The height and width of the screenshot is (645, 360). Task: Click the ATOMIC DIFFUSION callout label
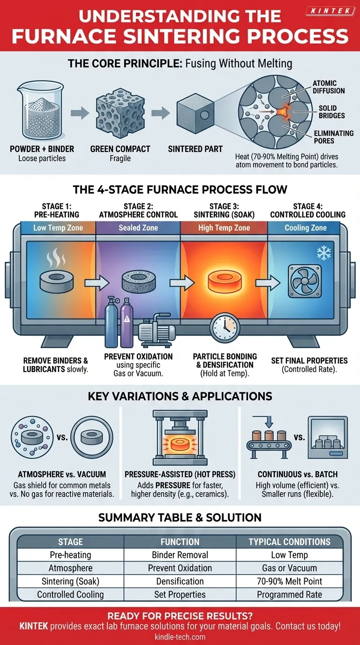(328, 87)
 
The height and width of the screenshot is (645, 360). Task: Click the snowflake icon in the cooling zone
(324, 254)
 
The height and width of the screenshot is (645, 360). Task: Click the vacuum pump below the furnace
(159, 333)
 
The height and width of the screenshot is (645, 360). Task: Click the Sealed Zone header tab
(138, 228)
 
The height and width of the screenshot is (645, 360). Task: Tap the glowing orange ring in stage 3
(223, 282)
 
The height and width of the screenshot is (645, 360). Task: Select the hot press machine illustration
(180, 441)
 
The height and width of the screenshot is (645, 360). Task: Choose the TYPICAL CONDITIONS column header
(289, 541)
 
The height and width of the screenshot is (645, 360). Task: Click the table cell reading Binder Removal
(180, 555)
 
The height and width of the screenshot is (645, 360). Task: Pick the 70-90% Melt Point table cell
(289, 581)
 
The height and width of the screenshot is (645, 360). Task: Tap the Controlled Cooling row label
(70, 594)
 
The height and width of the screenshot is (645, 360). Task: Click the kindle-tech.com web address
(180, 637)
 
